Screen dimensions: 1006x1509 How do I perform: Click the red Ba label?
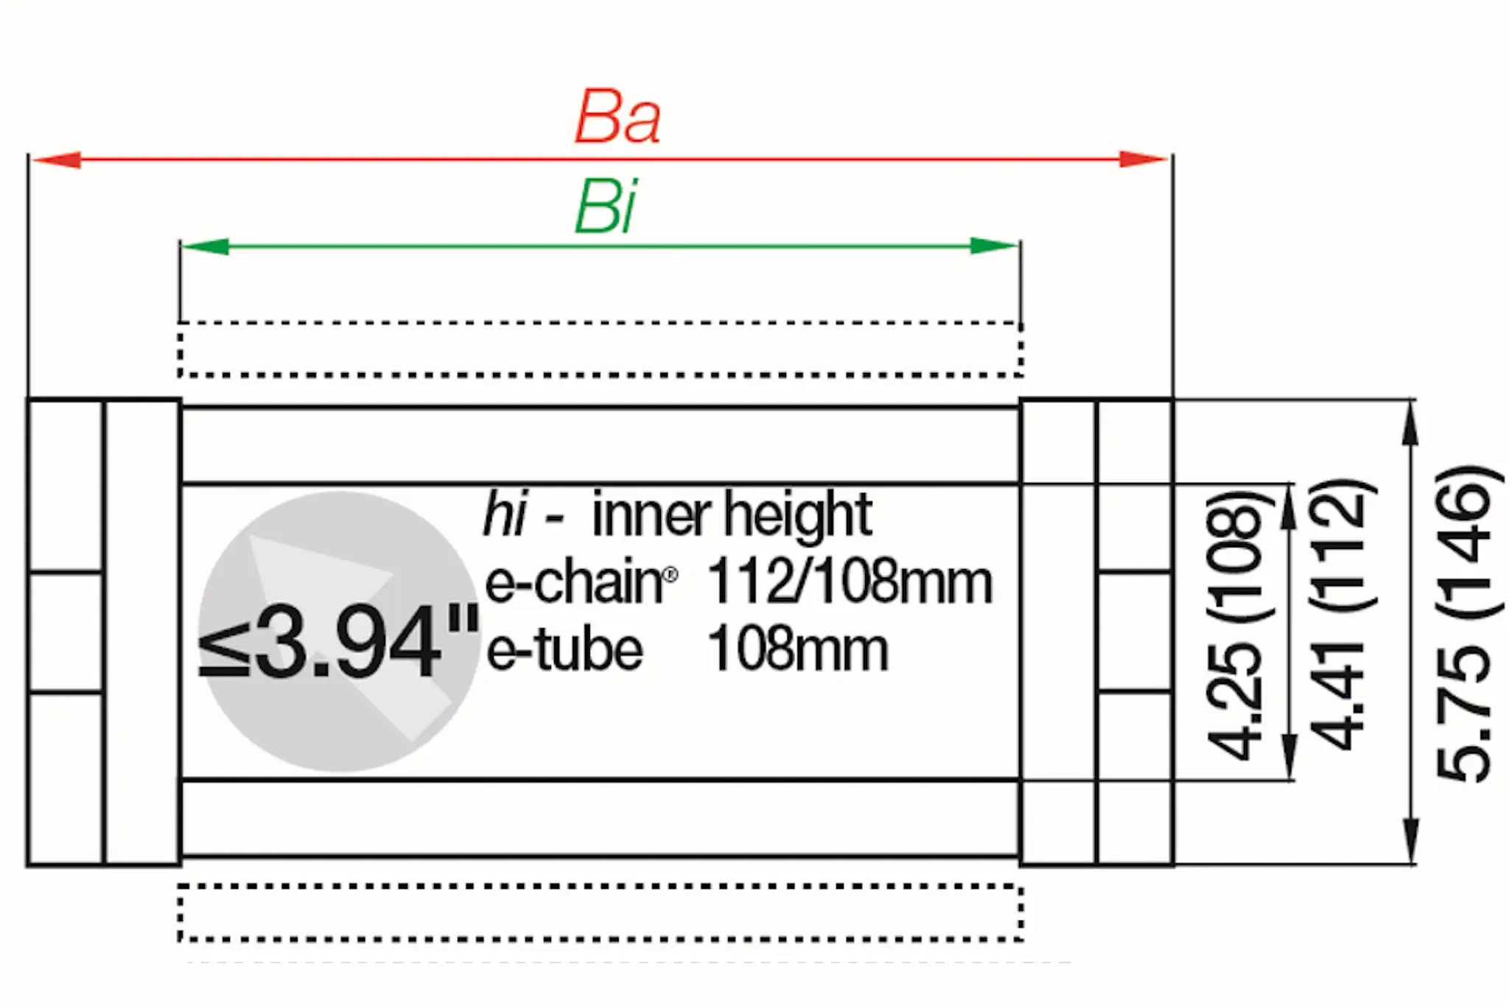click(617, 118)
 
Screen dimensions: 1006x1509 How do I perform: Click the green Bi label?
click(606, 207)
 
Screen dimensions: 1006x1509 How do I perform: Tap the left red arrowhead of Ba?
click(56, 159)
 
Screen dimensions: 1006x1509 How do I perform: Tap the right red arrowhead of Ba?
click(1142, 159)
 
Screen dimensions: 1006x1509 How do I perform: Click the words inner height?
click(732, 514)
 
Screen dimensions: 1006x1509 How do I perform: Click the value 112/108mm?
click(850, 583)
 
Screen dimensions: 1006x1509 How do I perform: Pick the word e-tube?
click(564, 651)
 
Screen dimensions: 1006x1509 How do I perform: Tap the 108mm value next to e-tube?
click(798, 651)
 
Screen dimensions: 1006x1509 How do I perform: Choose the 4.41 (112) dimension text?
click(1341, 615)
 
